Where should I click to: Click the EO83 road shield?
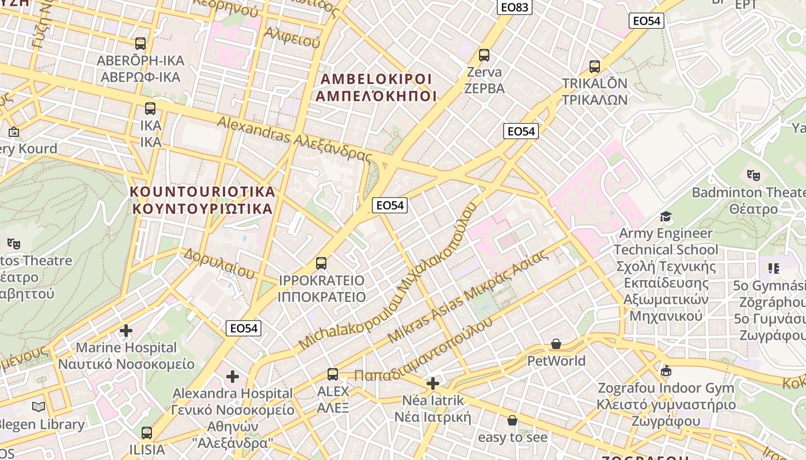[x=514, y=7]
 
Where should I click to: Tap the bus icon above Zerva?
[x=484, y=55]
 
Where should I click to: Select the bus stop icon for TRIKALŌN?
[x=595, y=67]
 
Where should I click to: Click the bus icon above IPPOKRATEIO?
[x=321, y=263]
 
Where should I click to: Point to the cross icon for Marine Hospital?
[x=126, y=331]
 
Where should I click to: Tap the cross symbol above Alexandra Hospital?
[x=233, y=377]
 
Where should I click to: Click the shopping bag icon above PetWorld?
[x=556, y=344]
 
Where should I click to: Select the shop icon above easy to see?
[x=512, y=420]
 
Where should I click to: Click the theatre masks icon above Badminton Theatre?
[x=753, y=175]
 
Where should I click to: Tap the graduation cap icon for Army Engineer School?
[x=666, y=216]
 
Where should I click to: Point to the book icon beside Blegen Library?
[x=39, y=407]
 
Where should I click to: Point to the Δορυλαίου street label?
[x=219, y=263]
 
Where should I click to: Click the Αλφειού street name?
[x=292, y=36]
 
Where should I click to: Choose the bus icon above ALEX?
[x=333, y=374]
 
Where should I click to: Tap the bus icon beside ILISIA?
[x=147, y=432]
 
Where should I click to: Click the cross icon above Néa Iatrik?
[x=433, y=384]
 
